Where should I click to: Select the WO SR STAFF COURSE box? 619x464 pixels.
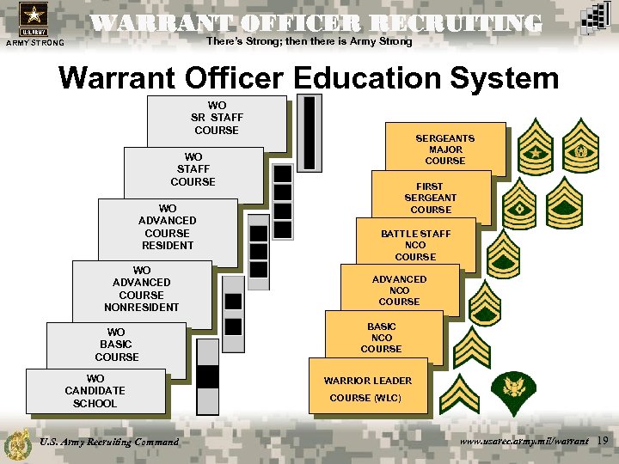click(x=217, y=119)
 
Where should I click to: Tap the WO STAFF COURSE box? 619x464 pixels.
click(x=193, y=170)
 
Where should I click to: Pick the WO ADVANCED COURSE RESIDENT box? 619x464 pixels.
click(x=168, y=227)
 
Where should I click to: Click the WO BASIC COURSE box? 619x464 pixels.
click(x=117, y=345)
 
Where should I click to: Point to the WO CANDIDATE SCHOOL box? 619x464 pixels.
click(x=95, y=391)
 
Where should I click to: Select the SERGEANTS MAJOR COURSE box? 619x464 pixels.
click(x=445, y=150)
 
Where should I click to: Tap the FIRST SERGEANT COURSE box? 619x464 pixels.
click(x=431, y=198)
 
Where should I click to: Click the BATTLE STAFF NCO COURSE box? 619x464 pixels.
click(x=416, y=245)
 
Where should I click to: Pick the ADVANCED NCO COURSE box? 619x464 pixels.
click(x=400, y=290)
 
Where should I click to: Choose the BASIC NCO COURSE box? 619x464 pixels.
click(x=382, y=338)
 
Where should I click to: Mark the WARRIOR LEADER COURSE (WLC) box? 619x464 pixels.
click(x=368, y=388)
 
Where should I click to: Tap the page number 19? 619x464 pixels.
click(x=603, y=441)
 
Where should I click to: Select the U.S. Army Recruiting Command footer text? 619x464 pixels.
click(x=109, y=442)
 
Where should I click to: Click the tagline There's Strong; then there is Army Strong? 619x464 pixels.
click(x=309, y=41)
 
